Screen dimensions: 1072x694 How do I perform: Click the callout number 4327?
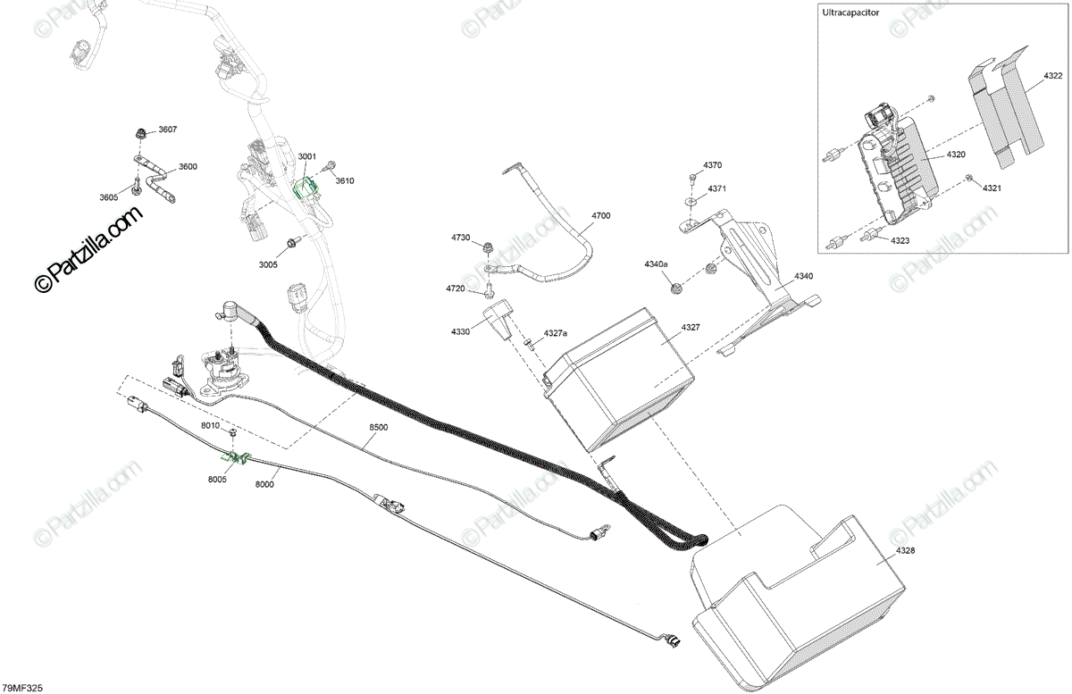pos(691,328)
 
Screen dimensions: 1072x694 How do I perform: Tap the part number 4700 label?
pos(600,216)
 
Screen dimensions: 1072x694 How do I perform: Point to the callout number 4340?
pos(803,277)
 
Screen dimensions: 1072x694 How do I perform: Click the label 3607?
pos(168,130)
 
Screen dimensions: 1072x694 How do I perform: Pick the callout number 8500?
pos(378,428)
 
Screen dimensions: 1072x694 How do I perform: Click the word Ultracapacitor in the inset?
pos(851,13)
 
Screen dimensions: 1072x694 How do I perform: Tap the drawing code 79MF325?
pos(23,688)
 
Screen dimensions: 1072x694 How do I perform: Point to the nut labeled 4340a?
pos(678,288)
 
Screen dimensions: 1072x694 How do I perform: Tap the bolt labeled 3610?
pos(331,166)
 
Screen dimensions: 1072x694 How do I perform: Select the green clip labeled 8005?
pos(238,459)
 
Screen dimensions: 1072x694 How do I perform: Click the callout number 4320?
pos(956,155)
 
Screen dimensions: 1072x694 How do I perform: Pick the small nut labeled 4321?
pos(969,180)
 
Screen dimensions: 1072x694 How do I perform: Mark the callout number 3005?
pos(268,264)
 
